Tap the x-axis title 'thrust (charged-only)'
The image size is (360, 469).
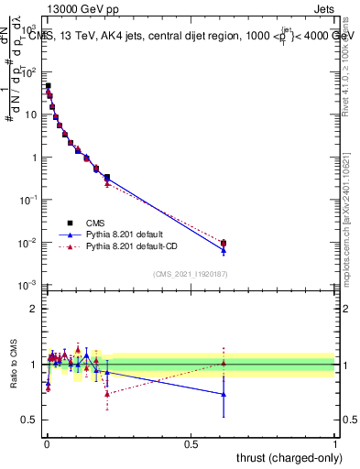284,457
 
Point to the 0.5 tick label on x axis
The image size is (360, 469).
191,444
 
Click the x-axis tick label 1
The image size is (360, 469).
335,444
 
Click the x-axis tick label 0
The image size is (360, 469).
46,444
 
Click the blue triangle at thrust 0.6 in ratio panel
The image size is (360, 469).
224,395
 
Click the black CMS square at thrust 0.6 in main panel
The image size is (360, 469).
224,243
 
